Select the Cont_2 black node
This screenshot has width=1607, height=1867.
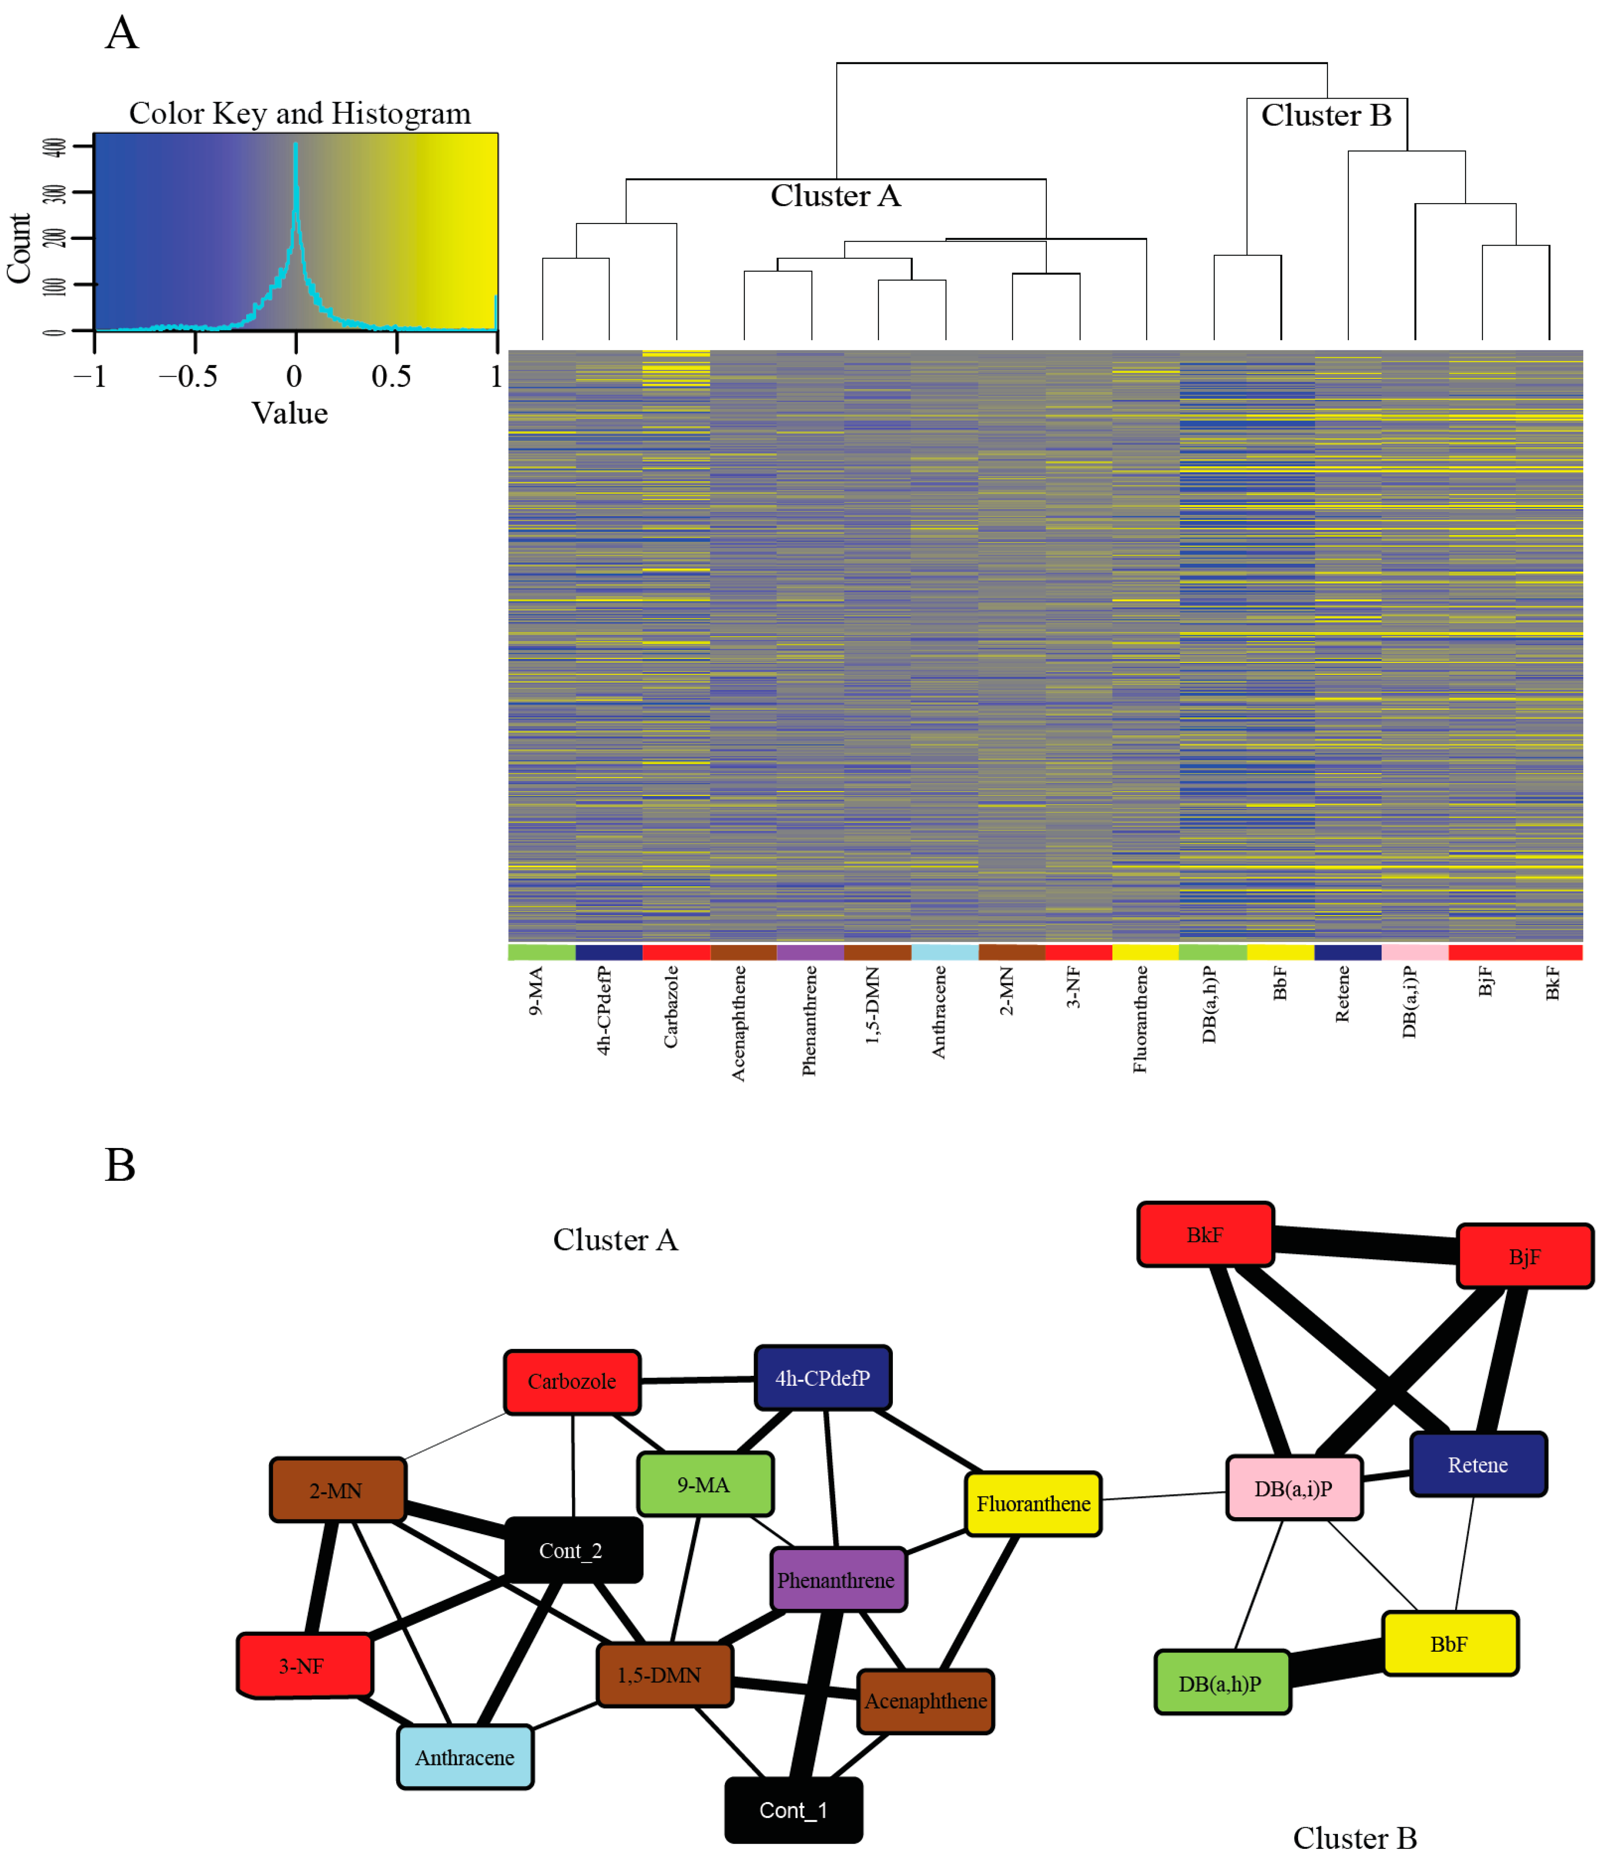[573, 1550]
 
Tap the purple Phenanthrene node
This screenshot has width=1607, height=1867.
[837, 1579]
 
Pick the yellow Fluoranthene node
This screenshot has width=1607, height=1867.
[1033, 1503]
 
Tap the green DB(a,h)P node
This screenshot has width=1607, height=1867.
[1221, 1682]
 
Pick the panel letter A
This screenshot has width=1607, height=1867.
[122, 34]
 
